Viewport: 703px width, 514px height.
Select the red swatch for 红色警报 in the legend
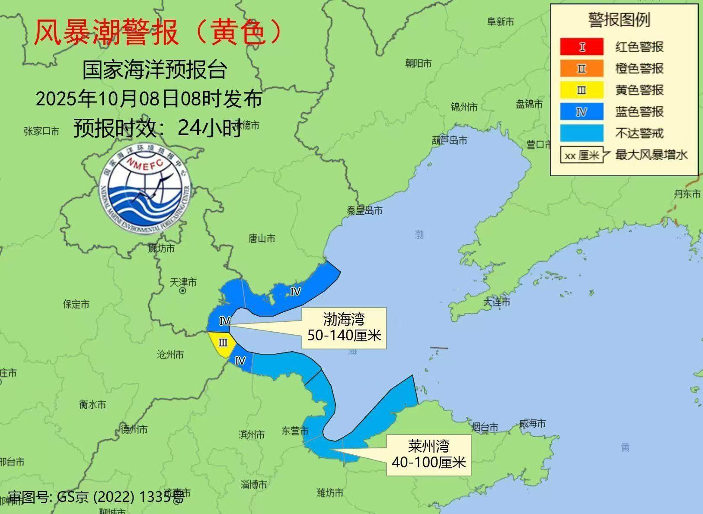pyautogui.click(x=582, y=47)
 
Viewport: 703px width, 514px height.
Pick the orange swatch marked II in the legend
pyautogui.click(x=582, y=68)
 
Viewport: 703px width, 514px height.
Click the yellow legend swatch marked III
pyautogui.click(x=582, y=90)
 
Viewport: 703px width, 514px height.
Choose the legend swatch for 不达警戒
pyautogui.click(x=582, y=133)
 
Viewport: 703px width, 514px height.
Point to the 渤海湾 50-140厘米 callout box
pyautogui.click(x=344, y=328)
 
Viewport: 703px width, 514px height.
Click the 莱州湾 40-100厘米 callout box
pyautogui.click(x=428, y=455)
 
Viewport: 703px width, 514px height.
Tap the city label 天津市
pyautogui.click(x=183, y=282)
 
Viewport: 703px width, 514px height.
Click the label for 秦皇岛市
pyautogui.click(x=364, y=211)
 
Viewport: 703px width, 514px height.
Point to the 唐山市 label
pyautogui.click(x=262, y=238)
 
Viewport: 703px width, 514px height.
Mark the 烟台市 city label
pyautogui.click(x=485, y=427)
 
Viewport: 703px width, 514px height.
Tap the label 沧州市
pyautogui.click(x=170, y=355)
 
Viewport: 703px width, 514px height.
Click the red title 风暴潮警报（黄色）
pyautogui.click(x=158, y=32)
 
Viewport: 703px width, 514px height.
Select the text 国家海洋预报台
pyautogui.click(x=155, y=70)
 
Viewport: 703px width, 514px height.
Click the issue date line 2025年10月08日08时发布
pyautogui.click(x=149, y=99)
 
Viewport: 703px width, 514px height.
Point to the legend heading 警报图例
pyautogui.click(x=619, y=20)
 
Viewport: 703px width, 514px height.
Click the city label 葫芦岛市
pyautogui.click(x=449, y=140)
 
